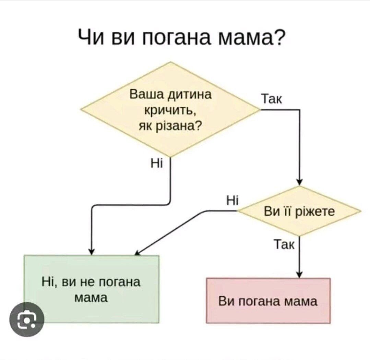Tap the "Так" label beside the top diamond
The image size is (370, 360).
272,99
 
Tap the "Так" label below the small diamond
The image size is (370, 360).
284,244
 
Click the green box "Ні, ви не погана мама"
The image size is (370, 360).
92,289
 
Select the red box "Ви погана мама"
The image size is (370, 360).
268,301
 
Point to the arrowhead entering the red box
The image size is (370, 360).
299,274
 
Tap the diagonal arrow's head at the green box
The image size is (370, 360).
137,253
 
